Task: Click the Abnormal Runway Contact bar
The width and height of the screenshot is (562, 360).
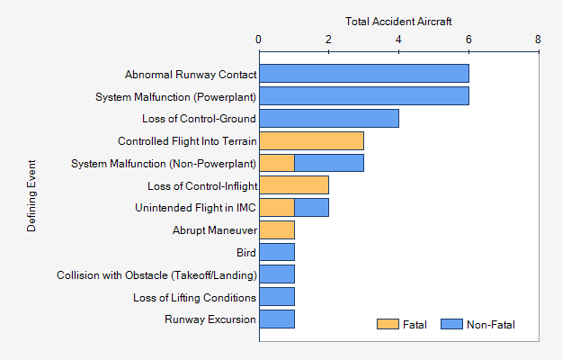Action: (x=363, y=74)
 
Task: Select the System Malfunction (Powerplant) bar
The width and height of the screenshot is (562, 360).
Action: (x=363, y=96)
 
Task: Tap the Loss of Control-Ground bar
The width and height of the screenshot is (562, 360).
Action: (x=328, y=118)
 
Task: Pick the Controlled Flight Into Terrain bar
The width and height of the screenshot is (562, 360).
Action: (x=311, y=140)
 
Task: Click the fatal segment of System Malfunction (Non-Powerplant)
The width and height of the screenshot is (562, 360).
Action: (x=277, y=163)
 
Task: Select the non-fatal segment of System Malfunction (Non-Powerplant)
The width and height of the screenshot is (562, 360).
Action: (x=329, y=163)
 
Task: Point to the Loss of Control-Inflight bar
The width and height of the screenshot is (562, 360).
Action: (x=294, y=185)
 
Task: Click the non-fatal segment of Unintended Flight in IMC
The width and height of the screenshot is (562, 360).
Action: (x=311, y=208)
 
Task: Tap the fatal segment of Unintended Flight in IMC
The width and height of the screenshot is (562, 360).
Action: (x=277, y=208)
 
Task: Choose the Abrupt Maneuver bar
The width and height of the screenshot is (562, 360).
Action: (x=277, y=230)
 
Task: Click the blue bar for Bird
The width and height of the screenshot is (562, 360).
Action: (x=277, y=252)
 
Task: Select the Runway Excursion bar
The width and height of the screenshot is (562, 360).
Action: (x=277, y=319)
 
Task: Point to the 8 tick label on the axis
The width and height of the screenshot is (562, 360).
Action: (x=538, y=40)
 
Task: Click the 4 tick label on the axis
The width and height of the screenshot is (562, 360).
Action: (x=398, y=40)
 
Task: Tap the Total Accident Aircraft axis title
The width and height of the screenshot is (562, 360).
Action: (x=398, y=20)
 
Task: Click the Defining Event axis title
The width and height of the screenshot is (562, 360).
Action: (x=31, y=196)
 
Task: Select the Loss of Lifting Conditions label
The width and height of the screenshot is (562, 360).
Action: (x=194, y=297)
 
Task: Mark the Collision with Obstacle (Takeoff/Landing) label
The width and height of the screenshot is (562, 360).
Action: (x=156, y=275)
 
